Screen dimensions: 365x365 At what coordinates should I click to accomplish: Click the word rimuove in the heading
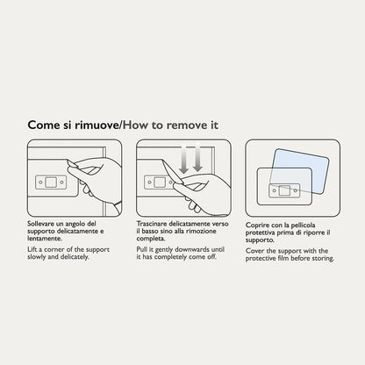(x=96, y=125)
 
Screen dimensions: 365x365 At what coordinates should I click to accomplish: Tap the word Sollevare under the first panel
(x=41, y=224)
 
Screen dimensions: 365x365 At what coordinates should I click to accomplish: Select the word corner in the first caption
(x=54, y=250)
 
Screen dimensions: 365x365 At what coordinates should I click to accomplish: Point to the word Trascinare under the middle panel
(x=152, y=224)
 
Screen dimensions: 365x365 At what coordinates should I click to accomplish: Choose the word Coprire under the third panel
(x=256, y=225)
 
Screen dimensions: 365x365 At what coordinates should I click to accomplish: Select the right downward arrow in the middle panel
(x=197, y=157)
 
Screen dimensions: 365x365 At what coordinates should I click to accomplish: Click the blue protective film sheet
(x=299, y=171)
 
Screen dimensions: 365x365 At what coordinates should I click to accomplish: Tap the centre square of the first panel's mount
(x=51, y=182)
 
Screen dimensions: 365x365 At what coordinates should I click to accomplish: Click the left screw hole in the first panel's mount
(x=40, y=182)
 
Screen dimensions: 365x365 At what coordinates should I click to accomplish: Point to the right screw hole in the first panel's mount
(x=61, y=182)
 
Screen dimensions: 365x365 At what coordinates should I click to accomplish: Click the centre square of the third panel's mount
(x=284, y=190)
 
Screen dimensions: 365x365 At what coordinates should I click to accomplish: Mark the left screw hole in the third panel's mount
(x=274, y=190)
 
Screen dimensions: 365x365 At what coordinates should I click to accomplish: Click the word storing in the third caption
(x=323, y=259)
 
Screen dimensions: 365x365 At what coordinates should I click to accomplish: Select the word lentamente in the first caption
(x=45, y=239)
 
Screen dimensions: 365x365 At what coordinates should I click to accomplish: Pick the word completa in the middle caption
(x=151, y=239)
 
